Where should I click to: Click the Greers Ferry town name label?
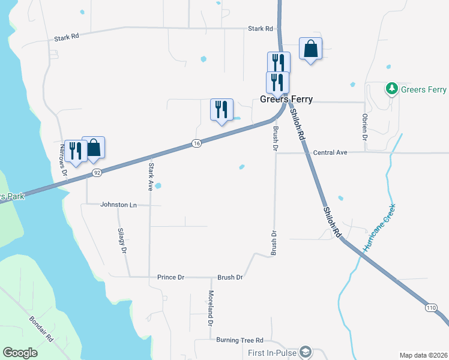coord(286,100)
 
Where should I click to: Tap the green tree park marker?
coord(392,89)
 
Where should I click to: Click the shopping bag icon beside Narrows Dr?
coord(94,148)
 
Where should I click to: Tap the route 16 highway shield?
coord(196,143)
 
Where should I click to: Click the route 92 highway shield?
coord(96,173)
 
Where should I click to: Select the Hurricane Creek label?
coord(380,229)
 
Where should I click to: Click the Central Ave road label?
coord(330,153)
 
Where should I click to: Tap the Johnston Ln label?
coord(118,205)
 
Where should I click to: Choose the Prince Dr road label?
coord(170,277)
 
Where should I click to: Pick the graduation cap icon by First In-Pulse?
coord(306,352)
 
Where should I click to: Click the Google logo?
coord(20,353)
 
